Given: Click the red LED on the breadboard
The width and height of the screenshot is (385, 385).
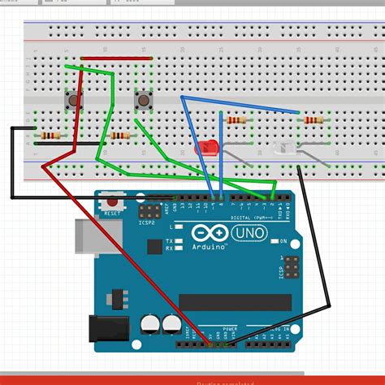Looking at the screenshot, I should pyautogui.click(x=207, y=148).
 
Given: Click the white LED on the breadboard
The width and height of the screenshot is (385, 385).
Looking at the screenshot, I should pyautogui.click(x=284, y=148).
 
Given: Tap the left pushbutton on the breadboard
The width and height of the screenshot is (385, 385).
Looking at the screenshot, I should pyautogui.click(x=74, y=101).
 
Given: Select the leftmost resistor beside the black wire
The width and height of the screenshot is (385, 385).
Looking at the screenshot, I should pyautogui.click(x=50, y=135).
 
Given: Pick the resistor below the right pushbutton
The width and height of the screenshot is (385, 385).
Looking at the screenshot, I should pyautogui.click(x=120, y=136).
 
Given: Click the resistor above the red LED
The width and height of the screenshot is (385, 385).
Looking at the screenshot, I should pyautogui.click(x=237, y=120).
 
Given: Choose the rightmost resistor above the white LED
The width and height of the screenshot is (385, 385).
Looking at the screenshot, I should pyautogui.click(x=312, y=120).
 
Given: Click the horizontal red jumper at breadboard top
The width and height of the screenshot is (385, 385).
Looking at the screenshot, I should pyautogui.click(x=116, y=58).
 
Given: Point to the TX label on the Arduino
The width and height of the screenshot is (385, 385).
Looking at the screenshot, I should pyautogui.click(x=169, y=241).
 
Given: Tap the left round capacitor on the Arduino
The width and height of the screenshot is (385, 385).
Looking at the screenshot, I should pyautogui.click(x=151, y=325).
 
